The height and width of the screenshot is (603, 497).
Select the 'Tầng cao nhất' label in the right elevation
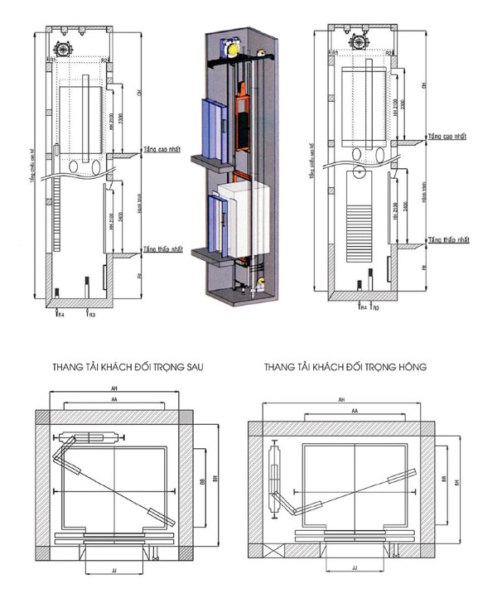450,135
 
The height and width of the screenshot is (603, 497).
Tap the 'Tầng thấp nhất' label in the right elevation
450,239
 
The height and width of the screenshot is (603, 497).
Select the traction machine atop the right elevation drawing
359,41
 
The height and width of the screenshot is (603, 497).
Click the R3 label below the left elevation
92,315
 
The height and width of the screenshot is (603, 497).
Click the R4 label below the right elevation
363,306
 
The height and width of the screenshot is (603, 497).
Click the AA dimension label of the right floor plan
354,410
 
